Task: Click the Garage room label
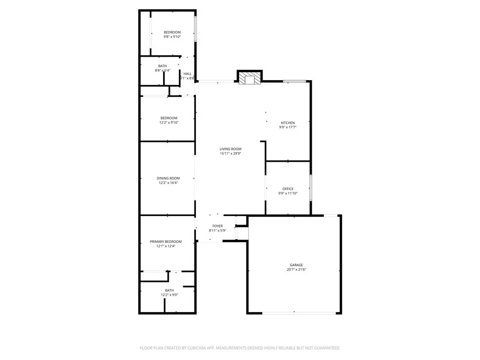(296, 265)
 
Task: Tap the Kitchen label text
(288, 123)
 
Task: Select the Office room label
(288, 189)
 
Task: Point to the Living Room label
(231, 149)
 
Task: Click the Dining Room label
(168, 178)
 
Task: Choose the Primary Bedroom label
(165, 241)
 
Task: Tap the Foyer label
(217, 226)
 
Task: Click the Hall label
(187, 74)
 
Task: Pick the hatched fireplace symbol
(248, 78)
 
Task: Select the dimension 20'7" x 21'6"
(296, 270)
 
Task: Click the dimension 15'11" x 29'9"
(231, 154)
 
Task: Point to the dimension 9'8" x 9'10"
(172, 37)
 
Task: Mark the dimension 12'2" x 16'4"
(168, 183)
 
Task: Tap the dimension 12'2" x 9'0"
(169, 295)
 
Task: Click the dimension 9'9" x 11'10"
(288, 193)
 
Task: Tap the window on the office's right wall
(311, 187)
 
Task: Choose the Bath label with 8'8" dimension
(162, 66)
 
